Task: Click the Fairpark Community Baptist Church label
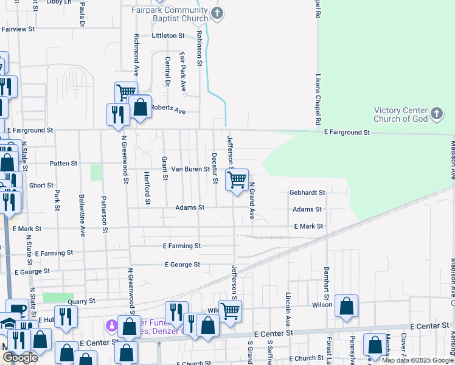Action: click(170, 14)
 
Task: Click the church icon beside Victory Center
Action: click(437, 113)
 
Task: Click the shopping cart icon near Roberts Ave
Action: click(126, 92)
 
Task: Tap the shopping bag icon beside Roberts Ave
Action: click(141, 108)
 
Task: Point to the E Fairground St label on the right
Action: click(347, 132)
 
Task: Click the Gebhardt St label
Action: click(307, 192)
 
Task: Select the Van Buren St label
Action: click(190, 169)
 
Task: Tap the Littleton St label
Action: click(168, 35)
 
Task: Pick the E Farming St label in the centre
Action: click(182, 246)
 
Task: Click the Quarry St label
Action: click(82, 301)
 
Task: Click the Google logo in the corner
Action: click(20, 358)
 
